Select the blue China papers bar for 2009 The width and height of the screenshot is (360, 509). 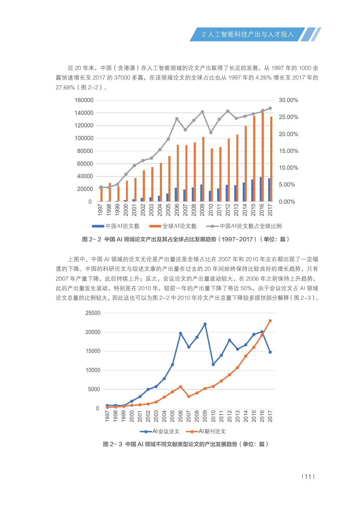(x=201, y=193)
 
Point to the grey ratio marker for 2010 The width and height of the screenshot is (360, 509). (x=211, y=133)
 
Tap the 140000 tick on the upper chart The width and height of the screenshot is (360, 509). (x=84, y=113)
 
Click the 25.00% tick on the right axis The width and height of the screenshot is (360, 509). (x=288, y=117)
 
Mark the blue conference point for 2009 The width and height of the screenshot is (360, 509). (x=205, y=324)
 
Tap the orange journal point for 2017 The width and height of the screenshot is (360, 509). (x=270, y=321)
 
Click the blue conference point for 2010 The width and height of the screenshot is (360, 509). (x=213, y=364)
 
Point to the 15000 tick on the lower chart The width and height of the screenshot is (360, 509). (x=93, y=351)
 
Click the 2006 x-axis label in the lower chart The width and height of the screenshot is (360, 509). (x=181, y=416)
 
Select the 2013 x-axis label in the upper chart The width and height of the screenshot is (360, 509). (x=236, y=210)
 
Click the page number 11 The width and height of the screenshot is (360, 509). (x=308, y=476)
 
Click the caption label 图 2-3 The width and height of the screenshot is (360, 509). (x=113, y=444)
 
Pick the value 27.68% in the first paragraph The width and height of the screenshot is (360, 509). (x=65, y=87)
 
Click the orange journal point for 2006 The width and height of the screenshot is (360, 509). (x=181, y=387)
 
